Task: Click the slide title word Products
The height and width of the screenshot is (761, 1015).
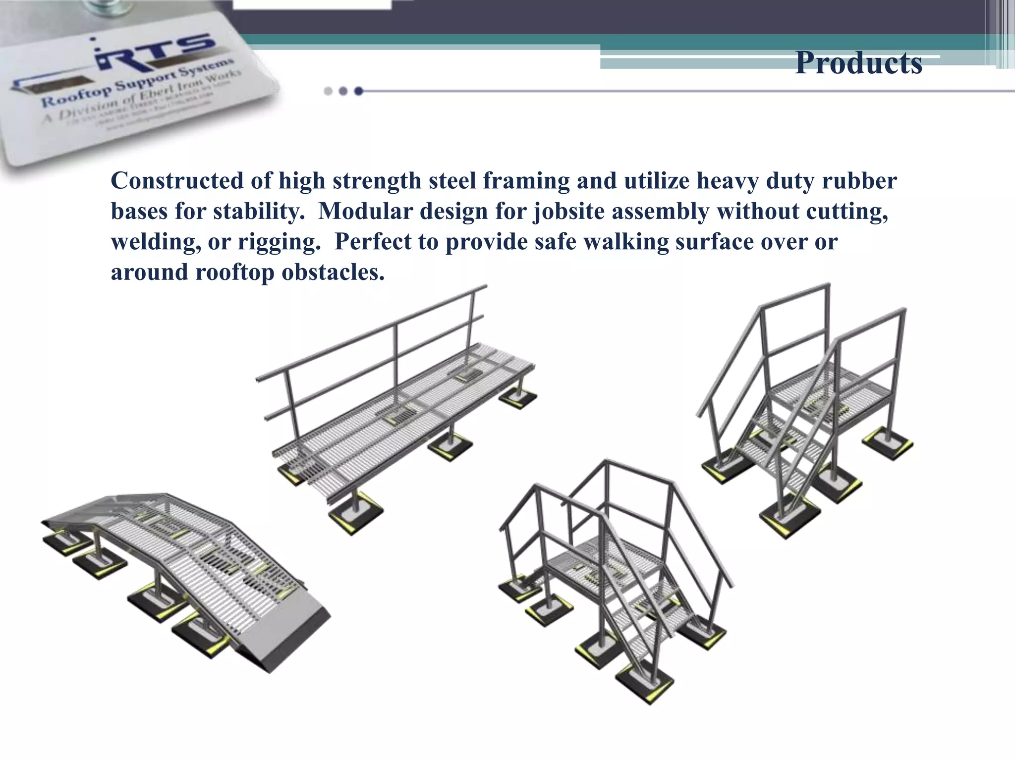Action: (x=858, y=63)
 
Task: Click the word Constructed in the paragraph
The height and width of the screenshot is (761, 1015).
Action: (x=177, y=181)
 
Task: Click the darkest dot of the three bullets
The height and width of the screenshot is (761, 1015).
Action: (x=359, y=91)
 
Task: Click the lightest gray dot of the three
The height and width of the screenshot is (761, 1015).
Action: (x=328, y=91)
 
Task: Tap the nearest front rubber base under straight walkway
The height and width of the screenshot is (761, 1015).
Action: (x=356, y=513)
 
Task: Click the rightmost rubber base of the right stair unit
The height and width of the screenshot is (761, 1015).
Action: (x=888, y=443)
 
